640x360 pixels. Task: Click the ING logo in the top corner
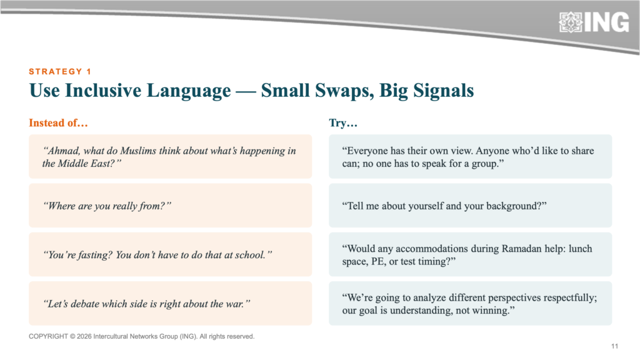[x=594, y=22]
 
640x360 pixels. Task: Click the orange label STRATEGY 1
[x=60, y=72]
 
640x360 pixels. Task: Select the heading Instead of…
[x=58, y=123]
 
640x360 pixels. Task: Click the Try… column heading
[x=343, y=123]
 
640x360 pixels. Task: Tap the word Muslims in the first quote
[x=138, y=151]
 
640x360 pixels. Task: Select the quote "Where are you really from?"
[x=107, y=206]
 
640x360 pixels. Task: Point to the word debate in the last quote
[x=85, y=304]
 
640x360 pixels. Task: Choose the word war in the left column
[x=236, y=304]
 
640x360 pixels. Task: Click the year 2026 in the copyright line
[x=84, y=336]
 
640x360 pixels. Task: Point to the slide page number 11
[x=615, y=346]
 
